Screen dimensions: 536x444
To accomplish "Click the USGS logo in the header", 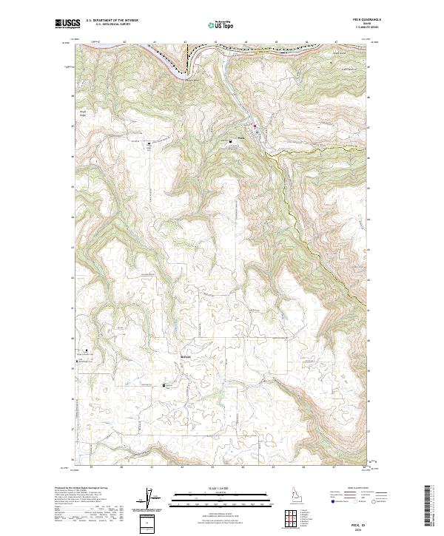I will click(64, 24).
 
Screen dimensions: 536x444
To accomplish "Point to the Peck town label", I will click(240, 136).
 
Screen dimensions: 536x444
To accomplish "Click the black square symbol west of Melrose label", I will click(165, 384).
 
